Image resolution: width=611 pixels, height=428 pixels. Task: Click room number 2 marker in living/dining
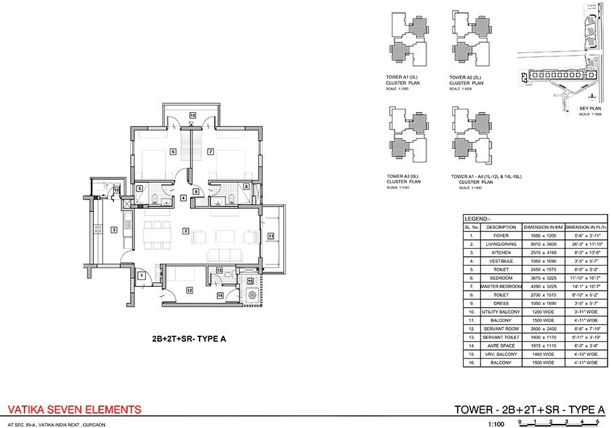[185, 232]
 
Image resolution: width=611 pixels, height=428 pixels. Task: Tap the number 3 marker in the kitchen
[114, 229]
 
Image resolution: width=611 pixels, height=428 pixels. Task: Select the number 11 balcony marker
[270, 236]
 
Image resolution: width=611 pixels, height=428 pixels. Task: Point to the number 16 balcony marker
[192, 115]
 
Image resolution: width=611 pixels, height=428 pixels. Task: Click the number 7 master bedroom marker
[211, 151]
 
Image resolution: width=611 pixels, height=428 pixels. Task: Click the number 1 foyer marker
[141, 275]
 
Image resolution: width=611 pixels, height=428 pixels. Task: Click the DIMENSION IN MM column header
[540, 226]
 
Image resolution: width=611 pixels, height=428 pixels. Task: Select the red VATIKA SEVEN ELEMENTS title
[73, 410]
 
